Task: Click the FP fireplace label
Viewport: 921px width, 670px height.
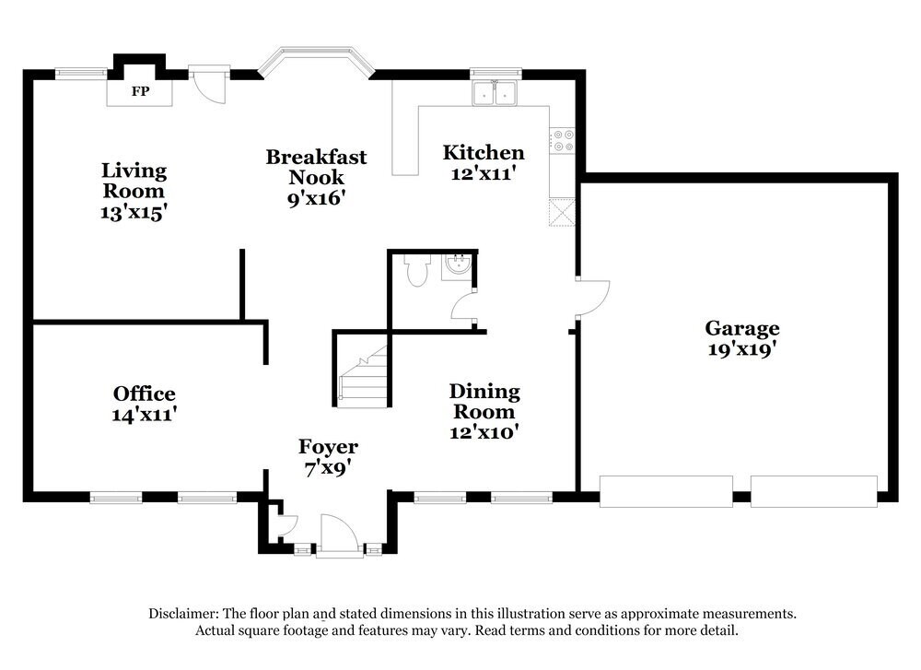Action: (140, 92)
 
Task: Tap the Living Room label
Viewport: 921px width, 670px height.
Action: (134, 181)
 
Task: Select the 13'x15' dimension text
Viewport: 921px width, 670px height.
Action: (134, 212)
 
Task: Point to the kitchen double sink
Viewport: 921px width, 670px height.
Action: (495, 92)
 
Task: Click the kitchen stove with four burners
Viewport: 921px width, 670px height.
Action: (562, 141)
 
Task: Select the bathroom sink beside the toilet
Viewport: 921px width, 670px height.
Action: (456, 266)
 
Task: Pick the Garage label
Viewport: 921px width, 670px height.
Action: (742, 328)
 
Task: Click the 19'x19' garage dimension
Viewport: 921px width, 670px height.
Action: (742, 349)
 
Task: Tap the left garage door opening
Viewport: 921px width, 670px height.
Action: (666, 491)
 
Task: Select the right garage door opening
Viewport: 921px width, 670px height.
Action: (814, 491)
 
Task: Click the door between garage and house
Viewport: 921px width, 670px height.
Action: (589, 297)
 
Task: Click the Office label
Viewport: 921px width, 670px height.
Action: (145, 394)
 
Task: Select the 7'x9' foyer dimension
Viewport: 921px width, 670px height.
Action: (328, 468)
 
